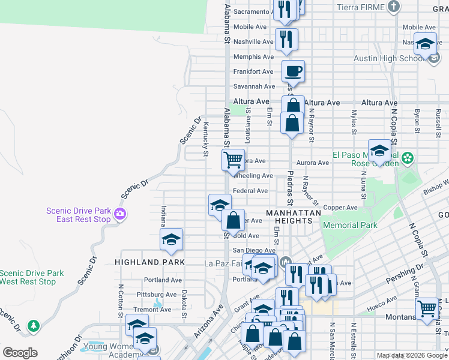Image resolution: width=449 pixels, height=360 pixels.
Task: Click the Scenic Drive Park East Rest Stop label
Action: click(79, 215)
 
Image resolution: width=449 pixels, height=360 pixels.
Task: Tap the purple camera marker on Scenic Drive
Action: click(121, 214)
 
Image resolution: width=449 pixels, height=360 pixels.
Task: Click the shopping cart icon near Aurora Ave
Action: click(232, 160)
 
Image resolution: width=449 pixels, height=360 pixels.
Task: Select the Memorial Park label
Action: click(350, 226)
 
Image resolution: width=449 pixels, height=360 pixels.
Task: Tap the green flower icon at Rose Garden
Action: click(408, 158)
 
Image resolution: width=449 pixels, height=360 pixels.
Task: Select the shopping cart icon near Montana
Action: click(427, 309)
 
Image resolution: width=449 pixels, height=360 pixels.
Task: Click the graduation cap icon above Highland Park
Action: click(171, 239)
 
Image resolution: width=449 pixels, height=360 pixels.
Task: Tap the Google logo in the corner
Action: click(20, 352)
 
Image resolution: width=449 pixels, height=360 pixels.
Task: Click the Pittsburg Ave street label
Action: click(157, 295)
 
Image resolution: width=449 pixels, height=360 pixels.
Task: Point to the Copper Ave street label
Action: click(340, 208)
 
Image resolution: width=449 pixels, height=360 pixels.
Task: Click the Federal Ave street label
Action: click(250, 191)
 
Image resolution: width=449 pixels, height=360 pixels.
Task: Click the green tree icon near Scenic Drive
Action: click(34, 325)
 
